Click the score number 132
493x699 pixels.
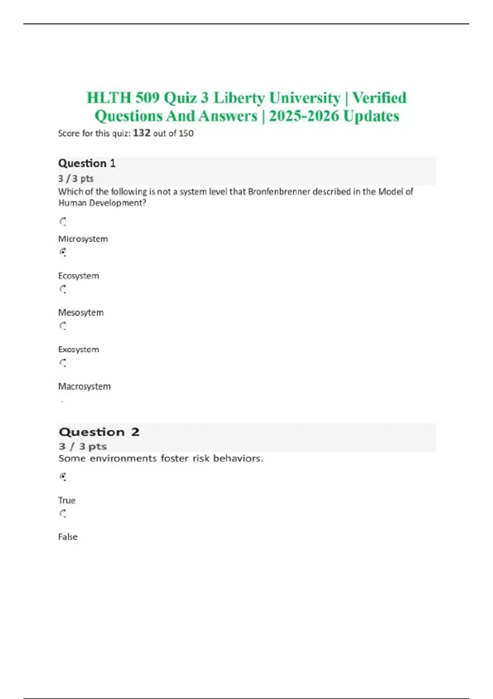pos(142,133)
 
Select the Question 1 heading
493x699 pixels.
pos(87,163)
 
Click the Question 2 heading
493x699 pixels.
pos(99,432)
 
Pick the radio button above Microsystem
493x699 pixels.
pos(63,222)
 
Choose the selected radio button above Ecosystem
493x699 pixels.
pos(63,252)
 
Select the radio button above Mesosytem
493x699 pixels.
pos(63,289)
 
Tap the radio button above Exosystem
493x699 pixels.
pos(63,326)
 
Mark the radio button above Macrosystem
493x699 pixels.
pos(63,363)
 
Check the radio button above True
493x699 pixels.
pos(63,477)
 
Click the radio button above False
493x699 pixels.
pos(63,513)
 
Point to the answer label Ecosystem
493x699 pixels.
pos(78,276)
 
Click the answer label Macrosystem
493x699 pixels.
pos(84,387)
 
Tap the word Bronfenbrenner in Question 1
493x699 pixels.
pos(279,192)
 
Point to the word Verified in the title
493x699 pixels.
pos(379,98)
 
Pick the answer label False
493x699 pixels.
pos(68,537)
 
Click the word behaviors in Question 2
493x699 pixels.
pos(238,458)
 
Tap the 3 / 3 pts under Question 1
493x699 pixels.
pos(76,178)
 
